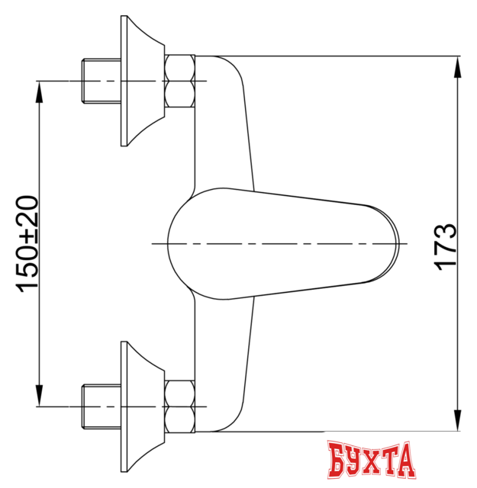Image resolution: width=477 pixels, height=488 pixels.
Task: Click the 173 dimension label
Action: [446, 245]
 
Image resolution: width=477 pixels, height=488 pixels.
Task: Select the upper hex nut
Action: [180, 81]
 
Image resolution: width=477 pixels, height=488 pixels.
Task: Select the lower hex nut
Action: [180, 405]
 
